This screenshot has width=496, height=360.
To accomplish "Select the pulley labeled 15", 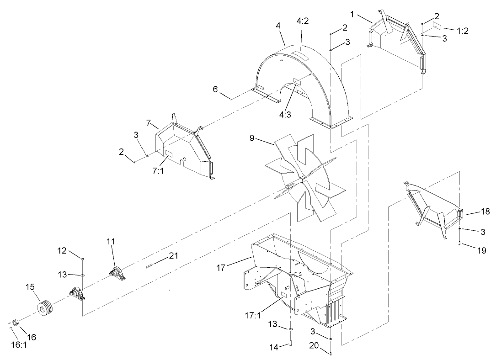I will tap(45, 309).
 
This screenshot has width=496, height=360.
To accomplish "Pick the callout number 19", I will tap(481, 250).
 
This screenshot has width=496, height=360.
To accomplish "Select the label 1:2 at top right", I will tap(462, 31).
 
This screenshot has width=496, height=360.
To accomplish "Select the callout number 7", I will tap(149, 122).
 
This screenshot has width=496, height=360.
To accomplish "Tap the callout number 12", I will tap(62, 250).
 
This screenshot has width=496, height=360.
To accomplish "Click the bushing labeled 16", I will tap(16, 323).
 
